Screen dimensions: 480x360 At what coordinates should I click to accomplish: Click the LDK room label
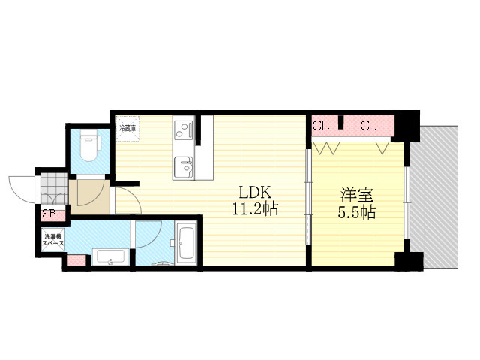pyautogui.click(x=255, y=193)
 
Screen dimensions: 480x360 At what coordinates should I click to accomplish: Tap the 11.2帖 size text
pyautogui.click(x=255, y=209)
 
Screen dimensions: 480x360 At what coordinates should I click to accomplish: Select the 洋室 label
pyautogui.click(x=357, y=195)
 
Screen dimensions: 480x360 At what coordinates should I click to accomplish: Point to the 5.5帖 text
pyautogui.click(x=357, y=212)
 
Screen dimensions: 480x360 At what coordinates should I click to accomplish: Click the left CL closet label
pyautogui.click(x=320, y=126)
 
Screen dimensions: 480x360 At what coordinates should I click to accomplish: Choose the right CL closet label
pyautogui.click(x=368, y=126)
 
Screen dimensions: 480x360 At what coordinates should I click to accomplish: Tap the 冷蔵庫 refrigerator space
pyautogui.click(x=127, y=129)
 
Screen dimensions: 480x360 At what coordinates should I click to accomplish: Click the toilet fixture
pyautogui.click(x=89, y=145)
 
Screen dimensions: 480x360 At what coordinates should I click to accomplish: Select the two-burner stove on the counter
pyautogui.click(x=183, y=130)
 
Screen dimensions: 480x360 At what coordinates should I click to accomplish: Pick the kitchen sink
pyautogui.click(x=183, y=168)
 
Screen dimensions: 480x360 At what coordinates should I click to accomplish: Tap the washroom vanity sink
pyautogui.click(x=110, y=256)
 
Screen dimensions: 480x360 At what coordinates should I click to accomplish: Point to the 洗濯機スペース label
pyautogui.click(x=53, y=240)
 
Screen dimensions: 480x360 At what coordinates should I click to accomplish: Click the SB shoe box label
pyautogui.click(x=49, y=214)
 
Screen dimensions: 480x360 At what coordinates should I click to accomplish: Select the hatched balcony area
pyautogui.click(x=433, y=197)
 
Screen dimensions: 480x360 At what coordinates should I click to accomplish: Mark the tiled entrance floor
pyautogui.click(x=54, y=188)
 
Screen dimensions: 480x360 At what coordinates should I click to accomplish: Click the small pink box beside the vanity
pyautogui.click(x=76, y=260)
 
